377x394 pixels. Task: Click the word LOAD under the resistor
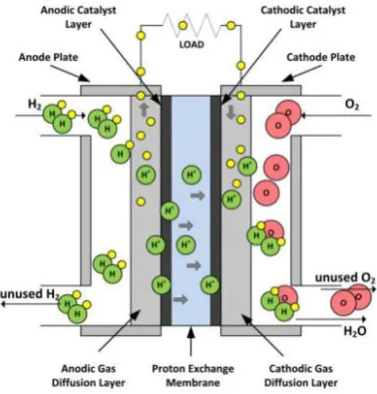[192, 45]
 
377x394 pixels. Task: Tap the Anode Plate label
[48, 57]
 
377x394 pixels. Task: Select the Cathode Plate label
[321, 57]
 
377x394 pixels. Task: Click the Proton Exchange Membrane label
[193, 376]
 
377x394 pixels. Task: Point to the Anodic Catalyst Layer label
[79, 16]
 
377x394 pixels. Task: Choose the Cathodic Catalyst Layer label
[302, 16]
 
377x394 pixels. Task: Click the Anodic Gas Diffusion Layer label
[88, 376]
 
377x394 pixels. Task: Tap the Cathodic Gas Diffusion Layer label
[300, 376]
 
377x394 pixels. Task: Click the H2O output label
[355, 331]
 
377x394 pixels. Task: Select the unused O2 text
[345, 278]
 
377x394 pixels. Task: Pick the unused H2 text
[30, 294]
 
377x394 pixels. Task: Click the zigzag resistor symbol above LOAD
[192, 25]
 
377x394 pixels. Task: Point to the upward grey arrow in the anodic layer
[143, 109]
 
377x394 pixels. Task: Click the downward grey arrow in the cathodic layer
[231, 111]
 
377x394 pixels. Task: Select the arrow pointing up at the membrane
[191, 342]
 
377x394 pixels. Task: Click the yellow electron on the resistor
[183, 25]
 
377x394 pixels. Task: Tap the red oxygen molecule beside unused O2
[351, 299]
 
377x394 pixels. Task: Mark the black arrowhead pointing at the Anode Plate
[84, 77]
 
